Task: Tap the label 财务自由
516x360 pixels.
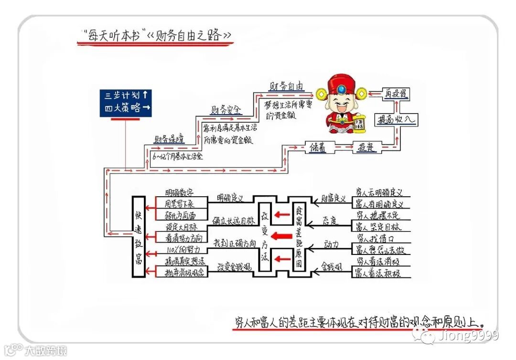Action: (286, 86)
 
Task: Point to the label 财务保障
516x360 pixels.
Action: (169, 139)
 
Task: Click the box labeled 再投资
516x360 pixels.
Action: (397, 94)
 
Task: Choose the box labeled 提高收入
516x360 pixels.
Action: (396, 119)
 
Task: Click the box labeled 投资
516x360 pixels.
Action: (365, 148)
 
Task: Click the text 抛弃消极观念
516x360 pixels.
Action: (184, 273)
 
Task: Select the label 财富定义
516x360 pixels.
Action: (333, 198)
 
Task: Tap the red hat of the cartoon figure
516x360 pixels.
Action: (341, 86)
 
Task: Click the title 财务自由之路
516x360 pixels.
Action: (191, 35)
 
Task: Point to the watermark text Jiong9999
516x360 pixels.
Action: (469, 336)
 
